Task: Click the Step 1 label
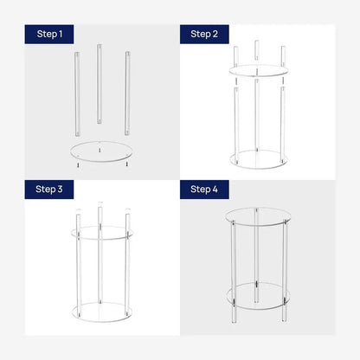tap(49, 35)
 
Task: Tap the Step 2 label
tap(204, 35)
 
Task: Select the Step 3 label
tap(49, 189)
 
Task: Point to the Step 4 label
tap(204, 189)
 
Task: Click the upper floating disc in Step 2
tap(256, 69)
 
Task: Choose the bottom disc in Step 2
tap(256, 158)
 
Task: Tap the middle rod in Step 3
tap(100, 260)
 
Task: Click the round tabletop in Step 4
tap(256, 216)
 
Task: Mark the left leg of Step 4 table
tap(232, 260)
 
